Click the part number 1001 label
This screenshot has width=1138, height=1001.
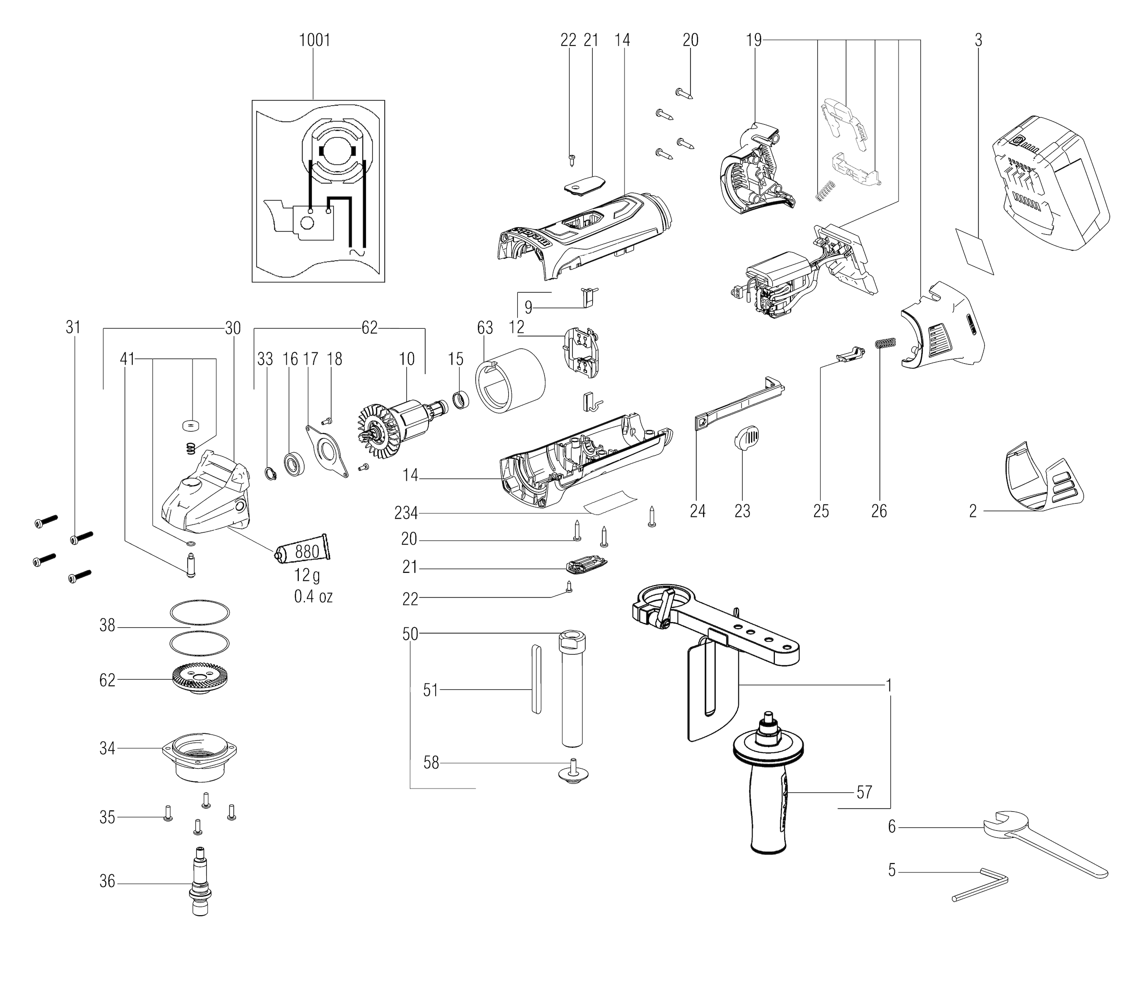(x=314, y=40)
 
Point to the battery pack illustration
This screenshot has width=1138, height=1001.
(x=1046, y=184)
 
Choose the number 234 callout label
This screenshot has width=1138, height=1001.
(x=406, y=513)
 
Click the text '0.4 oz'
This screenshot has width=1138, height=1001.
(x=313, y=597)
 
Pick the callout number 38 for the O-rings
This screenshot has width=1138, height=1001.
(x=108, y=626)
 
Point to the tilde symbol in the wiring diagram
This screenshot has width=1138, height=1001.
(x=356, y=253)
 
